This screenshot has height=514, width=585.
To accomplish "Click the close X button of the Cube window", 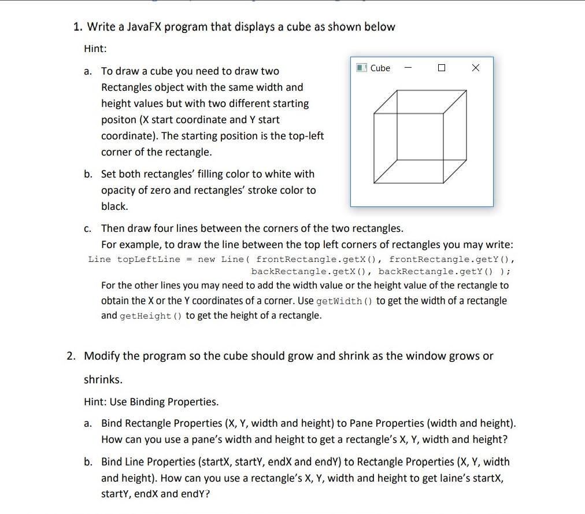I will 475,68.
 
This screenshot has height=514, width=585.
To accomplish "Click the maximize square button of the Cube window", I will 442,68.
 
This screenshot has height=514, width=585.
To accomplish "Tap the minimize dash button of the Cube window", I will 408,68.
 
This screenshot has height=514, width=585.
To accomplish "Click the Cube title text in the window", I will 380,68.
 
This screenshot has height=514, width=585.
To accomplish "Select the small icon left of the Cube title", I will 361,68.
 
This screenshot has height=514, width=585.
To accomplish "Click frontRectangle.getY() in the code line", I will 451,259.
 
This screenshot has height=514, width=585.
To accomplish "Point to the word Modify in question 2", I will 103,356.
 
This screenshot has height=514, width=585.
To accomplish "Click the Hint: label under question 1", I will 95,49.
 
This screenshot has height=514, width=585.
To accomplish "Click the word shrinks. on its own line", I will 103,379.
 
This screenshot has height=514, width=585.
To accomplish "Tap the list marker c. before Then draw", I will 88,228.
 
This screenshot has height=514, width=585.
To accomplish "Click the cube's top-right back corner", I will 466,91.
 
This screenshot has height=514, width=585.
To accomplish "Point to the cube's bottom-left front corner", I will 375,184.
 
